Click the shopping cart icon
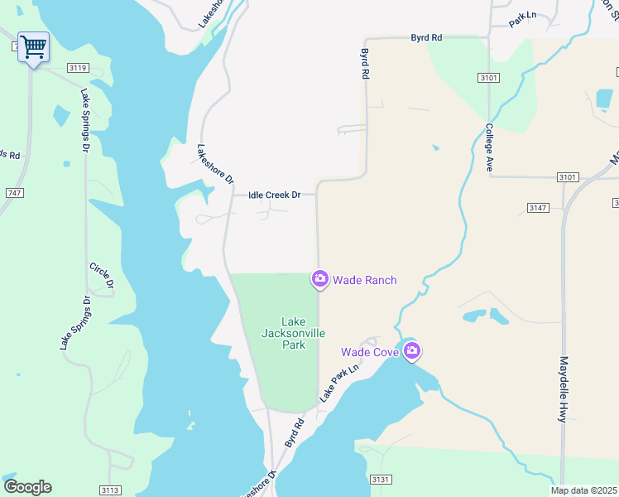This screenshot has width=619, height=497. point(33,47)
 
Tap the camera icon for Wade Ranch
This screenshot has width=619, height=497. point(320,279)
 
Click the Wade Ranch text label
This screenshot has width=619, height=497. point(364,280)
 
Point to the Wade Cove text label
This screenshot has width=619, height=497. point(370,352)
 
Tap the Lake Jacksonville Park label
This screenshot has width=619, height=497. point(294,333)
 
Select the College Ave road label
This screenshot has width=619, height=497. point(489,147)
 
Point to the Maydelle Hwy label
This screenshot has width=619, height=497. point(563,389)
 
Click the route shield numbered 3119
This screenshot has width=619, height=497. point(78,68)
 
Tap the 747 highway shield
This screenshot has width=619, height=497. point(14,192)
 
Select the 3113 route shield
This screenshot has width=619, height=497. point(110,490)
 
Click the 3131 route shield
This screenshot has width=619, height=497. point(381,480)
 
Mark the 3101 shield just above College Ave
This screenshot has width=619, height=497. point(489,78)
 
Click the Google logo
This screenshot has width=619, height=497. point(27,487)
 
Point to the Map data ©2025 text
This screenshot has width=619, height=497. point(583,490)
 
